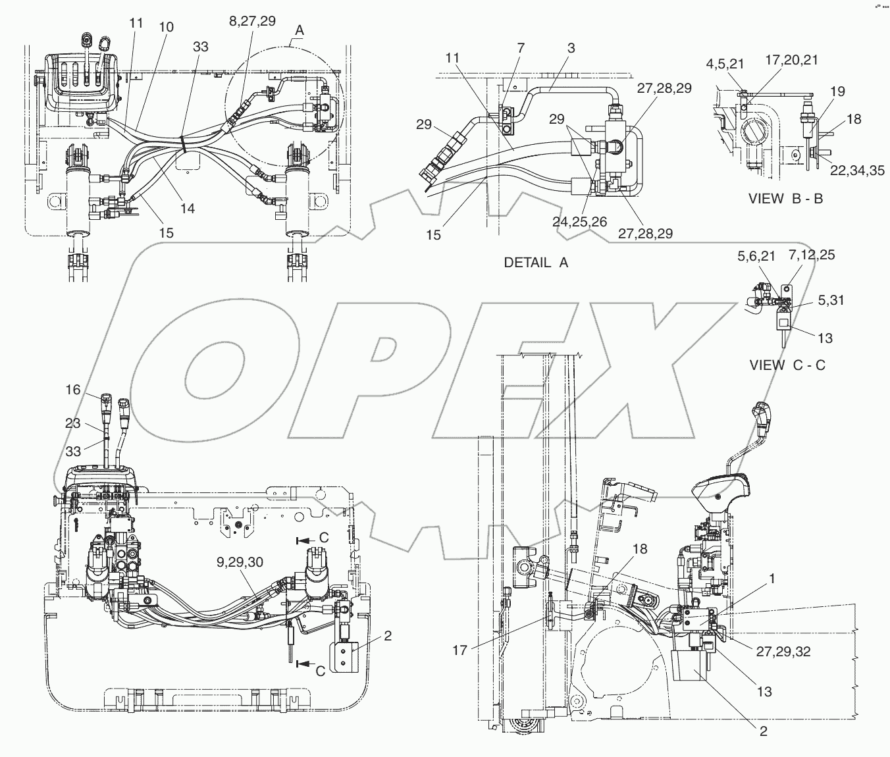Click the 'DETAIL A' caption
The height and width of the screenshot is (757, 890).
point(535,262)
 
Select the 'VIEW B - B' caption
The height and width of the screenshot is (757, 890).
point(785,197)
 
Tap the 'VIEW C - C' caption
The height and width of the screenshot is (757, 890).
point(787,365)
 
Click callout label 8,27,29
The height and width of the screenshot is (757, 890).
point(252,20)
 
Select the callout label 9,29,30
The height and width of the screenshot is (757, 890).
point(240,562)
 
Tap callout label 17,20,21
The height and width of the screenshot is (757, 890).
point(793,60)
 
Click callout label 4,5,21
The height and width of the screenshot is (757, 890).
point(725,63)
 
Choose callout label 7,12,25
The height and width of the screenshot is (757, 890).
point(808,255)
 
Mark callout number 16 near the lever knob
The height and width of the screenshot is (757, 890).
point(72,390)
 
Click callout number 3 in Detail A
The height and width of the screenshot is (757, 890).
point(571,47)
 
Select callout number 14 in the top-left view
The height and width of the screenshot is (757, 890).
point(188,208)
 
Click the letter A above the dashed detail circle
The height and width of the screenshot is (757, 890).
point(300,29)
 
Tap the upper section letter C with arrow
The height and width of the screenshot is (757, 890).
point(323,538)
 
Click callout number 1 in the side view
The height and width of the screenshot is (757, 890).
point(772,579)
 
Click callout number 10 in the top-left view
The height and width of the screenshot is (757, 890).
point(167,26)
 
